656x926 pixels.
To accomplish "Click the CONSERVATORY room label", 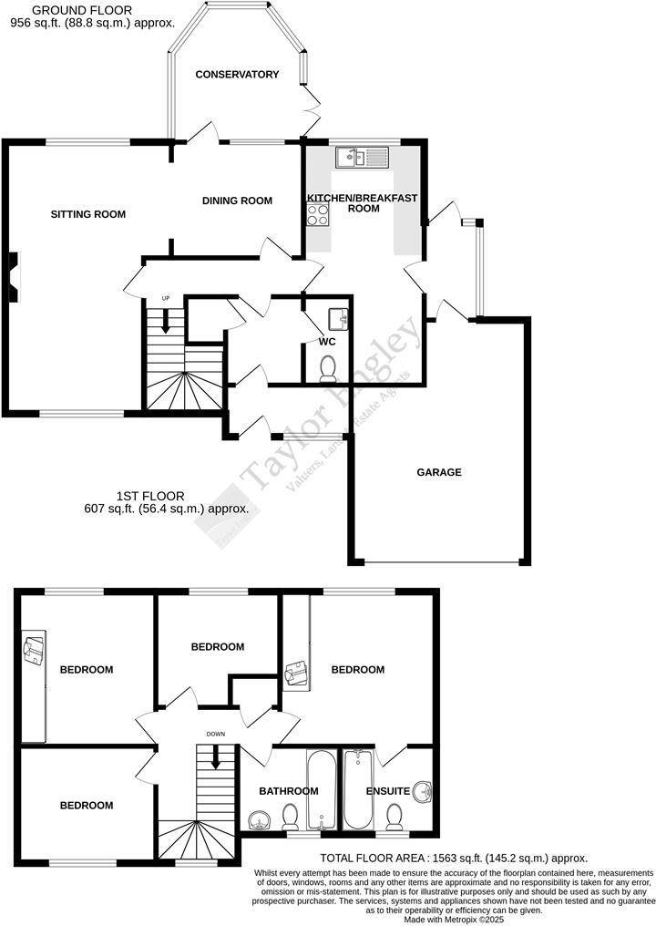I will [237, 75].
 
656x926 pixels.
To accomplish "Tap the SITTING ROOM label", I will [87, 214].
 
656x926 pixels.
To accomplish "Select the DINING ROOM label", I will [237, 201].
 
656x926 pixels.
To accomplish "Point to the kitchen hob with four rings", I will [318, 214].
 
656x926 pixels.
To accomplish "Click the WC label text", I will [327, 342].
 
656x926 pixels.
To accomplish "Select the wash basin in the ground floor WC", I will [338, 319].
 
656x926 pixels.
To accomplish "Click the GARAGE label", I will [439, 472].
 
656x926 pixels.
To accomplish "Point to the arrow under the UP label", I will [166, 320].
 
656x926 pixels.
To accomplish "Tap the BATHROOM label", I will [288, 791].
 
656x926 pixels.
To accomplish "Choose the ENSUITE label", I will [388, 791].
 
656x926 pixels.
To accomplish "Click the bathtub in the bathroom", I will [322, 788].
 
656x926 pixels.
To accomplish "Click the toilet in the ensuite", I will [395, 815].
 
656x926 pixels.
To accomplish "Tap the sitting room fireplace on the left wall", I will [12, 276].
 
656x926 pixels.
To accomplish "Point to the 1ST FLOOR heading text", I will [149, 496].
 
